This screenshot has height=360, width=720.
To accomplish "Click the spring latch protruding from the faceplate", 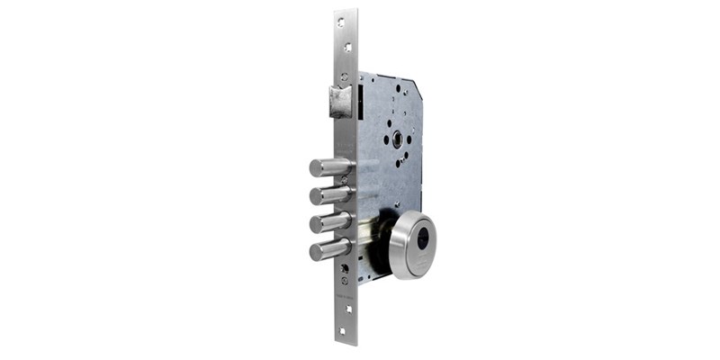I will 340,101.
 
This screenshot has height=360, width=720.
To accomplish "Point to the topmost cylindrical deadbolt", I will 329,167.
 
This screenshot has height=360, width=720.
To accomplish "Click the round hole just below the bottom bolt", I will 344,268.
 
